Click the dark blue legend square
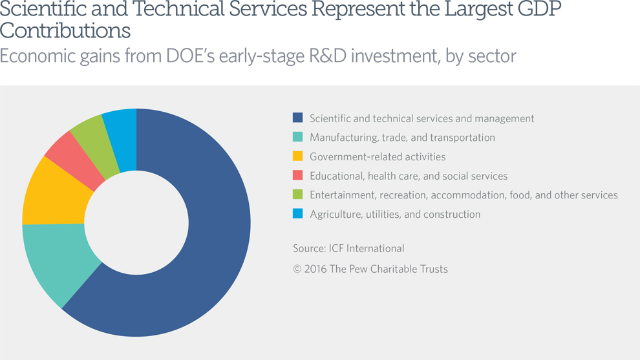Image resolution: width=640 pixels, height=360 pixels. tap(297, 118)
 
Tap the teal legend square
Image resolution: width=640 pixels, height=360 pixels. tap(297, 138)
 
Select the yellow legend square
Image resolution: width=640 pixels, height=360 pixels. tap(297, 156)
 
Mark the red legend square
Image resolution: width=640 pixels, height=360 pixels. tap(297, 176)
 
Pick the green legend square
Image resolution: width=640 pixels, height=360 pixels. tap(297, 195)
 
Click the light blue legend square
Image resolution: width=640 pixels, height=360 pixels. tap(297, 214)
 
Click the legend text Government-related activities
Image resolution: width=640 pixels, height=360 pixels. tap(378, 156)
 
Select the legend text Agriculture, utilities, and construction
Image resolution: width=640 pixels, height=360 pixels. tap(395, 214)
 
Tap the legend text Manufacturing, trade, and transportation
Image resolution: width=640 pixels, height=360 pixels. tap(402, 138)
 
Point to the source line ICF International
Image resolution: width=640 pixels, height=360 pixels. tap(348, 248)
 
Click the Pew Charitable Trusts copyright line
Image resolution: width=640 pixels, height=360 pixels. tap(370, 269)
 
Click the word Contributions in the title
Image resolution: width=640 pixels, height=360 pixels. tap(65, 31)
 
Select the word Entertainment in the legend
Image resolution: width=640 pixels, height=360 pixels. tap(340, 195)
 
